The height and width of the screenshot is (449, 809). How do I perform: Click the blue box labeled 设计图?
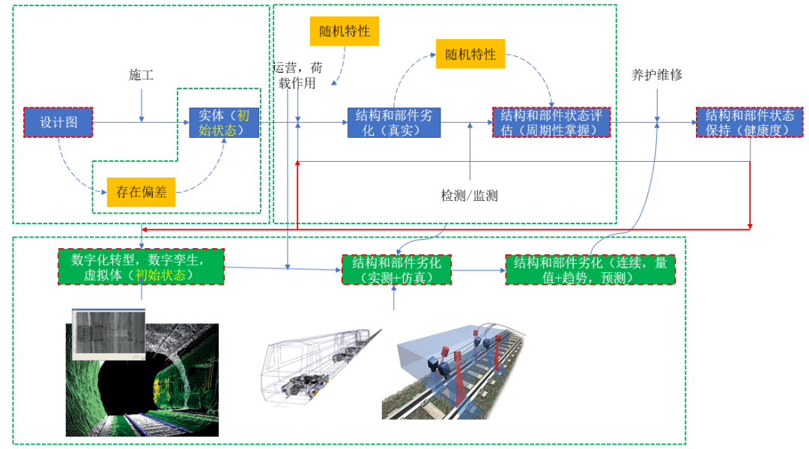tap(58, 122)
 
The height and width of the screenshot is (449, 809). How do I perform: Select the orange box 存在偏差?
tap(141, 192)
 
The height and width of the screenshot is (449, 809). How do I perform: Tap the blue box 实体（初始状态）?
tap(224, 122)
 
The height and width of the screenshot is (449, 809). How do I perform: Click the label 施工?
tap(141, 74)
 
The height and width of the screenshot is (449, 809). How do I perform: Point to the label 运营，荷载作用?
tap(297, 75)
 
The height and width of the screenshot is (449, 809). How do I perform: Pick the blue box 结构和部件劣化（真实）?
tap(394, 122)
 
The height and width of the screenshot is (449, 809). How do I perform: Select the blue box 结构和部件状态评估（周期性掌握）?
tap(551, 122)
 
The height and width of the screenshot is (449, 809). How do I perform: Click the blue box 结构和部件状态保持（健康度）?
tap(750, 122)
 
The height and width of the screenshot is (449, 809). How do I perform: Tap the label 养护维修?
tap(657, 74)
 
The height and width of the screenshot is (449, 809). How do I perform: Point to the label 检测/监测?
tap(469, 196)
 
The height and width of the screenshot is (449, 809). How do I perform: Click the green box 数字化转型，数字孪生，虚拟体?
tap(142, 266)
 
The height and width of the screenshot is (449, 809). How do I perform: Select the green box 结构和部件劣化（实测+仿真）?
tap(396, 270)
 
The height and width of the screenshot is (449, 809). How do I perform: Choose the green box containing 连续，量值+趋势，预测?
tap(590, 270)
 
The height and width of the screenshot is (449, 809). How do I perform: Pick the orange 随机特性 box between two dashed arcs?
tap(470, 54)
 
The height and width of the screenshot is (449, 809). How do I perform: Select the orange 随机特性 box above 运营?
tap(345, 31)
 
